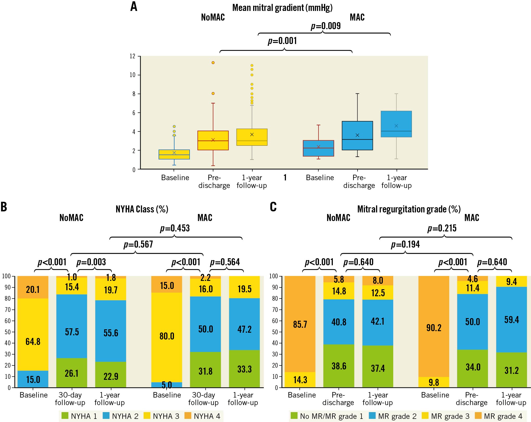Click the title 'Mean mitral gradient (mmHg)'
coord(282,8)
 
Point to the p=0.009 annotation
coord(326,26)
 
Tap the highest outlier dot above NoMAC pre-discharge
coord(213,63)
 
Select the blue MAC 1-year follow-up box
coord(396,124)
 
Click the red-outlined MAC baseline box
coord(318,148)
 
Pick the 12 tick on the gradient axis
coord(133,56)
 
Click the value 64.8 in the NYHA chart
coord(33,341)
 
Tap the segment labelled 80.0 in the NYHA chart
coord(167,336)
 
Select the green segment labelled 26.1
coord(72,373)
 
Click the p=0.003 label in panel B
coord(91,262)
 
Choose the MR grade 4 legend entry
coord(498,416)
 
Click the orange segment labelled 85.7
coord(300,324)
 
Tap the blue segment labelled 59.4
coord(511,320)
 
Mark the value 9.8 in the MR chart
coord(434,382)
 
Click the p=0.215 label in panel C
coord(442,228)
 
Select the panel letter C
coord(273,207)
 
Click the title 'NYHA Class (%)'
coord(142,209)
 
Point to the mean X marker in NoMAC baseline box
coord(174,153)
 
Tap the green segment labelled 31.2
coord(511,370)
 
